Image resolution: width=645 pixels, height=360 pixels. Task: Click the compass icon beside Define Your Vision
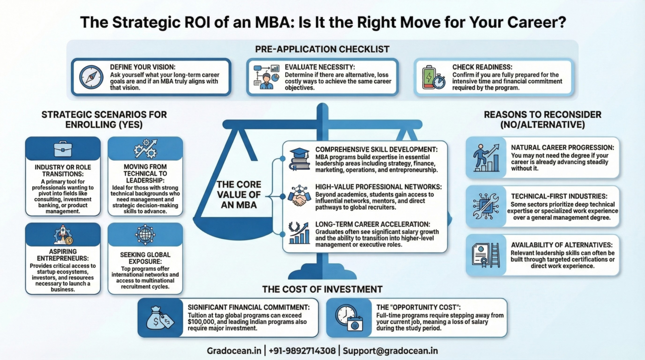tap(91, 77)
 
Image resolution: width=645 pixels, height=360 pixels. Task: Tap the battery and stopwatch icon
tap(433, 77)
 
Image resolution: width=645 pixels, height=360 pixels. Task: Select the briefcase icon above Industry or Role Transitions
tap(63, 148)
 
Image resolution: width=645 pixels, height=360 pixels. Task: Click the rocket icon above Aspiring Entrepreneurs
tap(63, 235)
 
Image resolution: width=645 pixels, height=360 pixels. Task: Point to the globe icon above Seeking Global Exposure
tap(145, 235)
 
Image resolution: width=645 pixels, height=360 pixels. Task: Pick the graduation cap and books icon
tap(300, 159)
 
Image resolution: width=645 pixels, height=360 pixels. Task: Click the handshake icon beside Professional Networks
tap(300, 196)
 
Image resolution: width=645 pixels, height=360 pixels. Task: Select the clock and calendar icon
tap(349, 318)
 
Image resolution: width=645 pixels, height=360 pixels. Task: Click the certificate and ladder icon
tap(486, 255)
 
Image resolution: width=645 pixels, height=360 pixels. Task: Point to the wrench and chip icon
tap(486, 206)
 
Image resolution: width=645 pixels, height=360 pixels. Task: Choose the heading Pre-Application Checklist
tap(322, 49)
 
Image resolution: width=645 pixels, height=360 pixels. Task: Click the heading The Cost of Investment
tap(322, 289)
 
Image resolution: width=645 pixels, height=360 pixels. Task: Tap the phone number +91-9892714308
tap(302, 351)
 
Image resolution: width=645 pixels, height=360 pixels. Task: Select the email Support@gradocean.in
tap(390, 351)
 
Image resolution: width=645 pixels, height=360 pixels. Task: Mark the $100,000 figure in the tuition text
tap(202, 322)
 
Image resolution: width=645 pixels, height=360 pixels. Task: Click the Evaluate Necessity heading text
tap(320, 67)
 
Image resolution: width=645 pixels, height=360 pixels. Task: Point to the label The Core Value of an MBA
tap(239, 194)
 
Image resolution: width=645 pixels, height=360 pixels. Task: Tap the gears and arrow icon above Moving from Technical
tap(145, 149)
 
